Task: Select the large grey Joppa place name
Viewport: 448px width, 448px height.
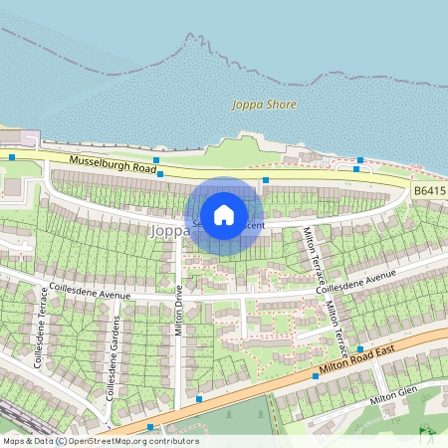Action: click(163, 230)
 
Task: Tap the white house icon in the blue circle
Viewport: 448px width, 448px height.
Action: click(224, 215)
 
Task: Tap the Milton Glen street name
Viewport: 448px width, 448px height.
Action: click(390, 399)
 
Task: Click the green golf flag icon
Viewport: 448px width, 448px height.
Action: click(428, 433)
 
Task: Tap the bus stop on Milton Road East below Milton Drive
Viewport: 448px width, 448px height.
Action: click(199, 398)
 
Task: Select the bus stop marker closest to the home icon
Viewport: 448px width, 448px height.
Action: click(265, 180)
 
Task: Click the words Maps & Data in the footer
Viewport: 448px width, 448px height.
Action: click(28, 441)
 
